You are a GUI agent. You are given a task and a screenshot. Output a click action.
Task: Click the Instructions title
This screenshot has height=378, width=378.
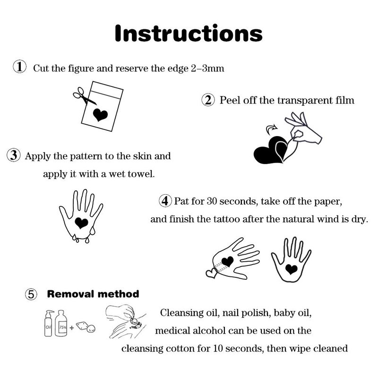(x=189, y=33)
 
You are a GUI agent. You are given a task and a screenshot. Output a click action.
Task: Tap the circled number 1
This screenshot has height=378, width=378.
(x=19, y=67)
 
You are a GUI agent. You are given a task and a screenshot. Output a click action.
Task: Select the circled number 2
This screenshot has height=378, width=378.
(x=208, y=100)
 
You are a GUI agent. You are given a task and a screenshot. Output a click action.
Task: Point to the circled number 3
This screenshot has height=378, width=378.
(x=14, y=155)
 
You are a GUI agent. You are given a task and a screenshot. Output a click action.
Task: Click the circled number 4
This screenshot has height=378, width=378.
(x=165, y=200)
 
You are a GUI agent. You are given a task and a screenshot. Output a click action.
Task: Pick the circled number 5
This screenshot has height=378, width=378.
(x=31, y=294)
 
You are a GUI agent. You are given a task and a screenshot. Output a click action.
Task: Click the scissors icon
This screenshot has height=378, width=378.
(x=84, y=96)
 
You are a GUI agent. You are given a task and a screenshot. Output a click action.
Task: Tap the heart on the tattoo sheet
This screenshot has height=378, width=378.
(x=100, y=115)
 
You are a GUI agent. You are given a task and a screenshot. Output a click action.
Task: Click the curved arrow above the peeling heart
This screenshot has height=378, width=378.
(x=271, y=129)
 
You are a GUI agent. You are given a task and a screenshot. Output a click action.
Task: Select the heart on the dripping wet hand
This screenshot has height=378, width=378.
(x=81, y=223)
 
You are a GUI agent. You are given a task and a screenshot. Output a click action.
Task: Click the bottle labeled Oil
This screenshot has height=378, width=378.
(x=49, y=323)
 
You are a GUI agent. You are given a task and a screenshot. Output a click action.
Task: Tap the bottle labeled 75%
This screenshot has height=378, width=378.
(x=61, y=323)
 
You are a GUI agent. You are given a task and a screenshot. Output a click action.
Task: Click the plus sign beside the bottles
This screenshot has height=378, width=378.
(x=72, y=327)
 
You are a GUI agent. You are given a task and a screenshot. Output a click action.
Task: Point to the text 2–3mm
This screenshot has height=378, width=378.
(x=207, y=69)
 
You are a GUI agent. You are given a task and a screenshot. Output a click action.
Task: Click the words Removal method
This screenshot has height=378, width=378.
(x=93, y=294)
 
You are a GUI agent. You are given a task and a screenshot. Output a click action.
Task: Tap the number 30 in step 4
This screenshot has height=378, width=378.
(x=212, y=201)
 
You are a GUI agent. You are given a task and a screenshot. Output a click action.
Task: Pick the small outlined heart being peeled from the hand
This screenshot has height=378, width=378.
(x=211, y=274)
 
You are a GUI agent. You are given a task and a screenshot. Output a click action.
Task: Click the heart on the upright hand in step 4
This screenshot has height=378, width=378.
(x=291, y=269)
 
